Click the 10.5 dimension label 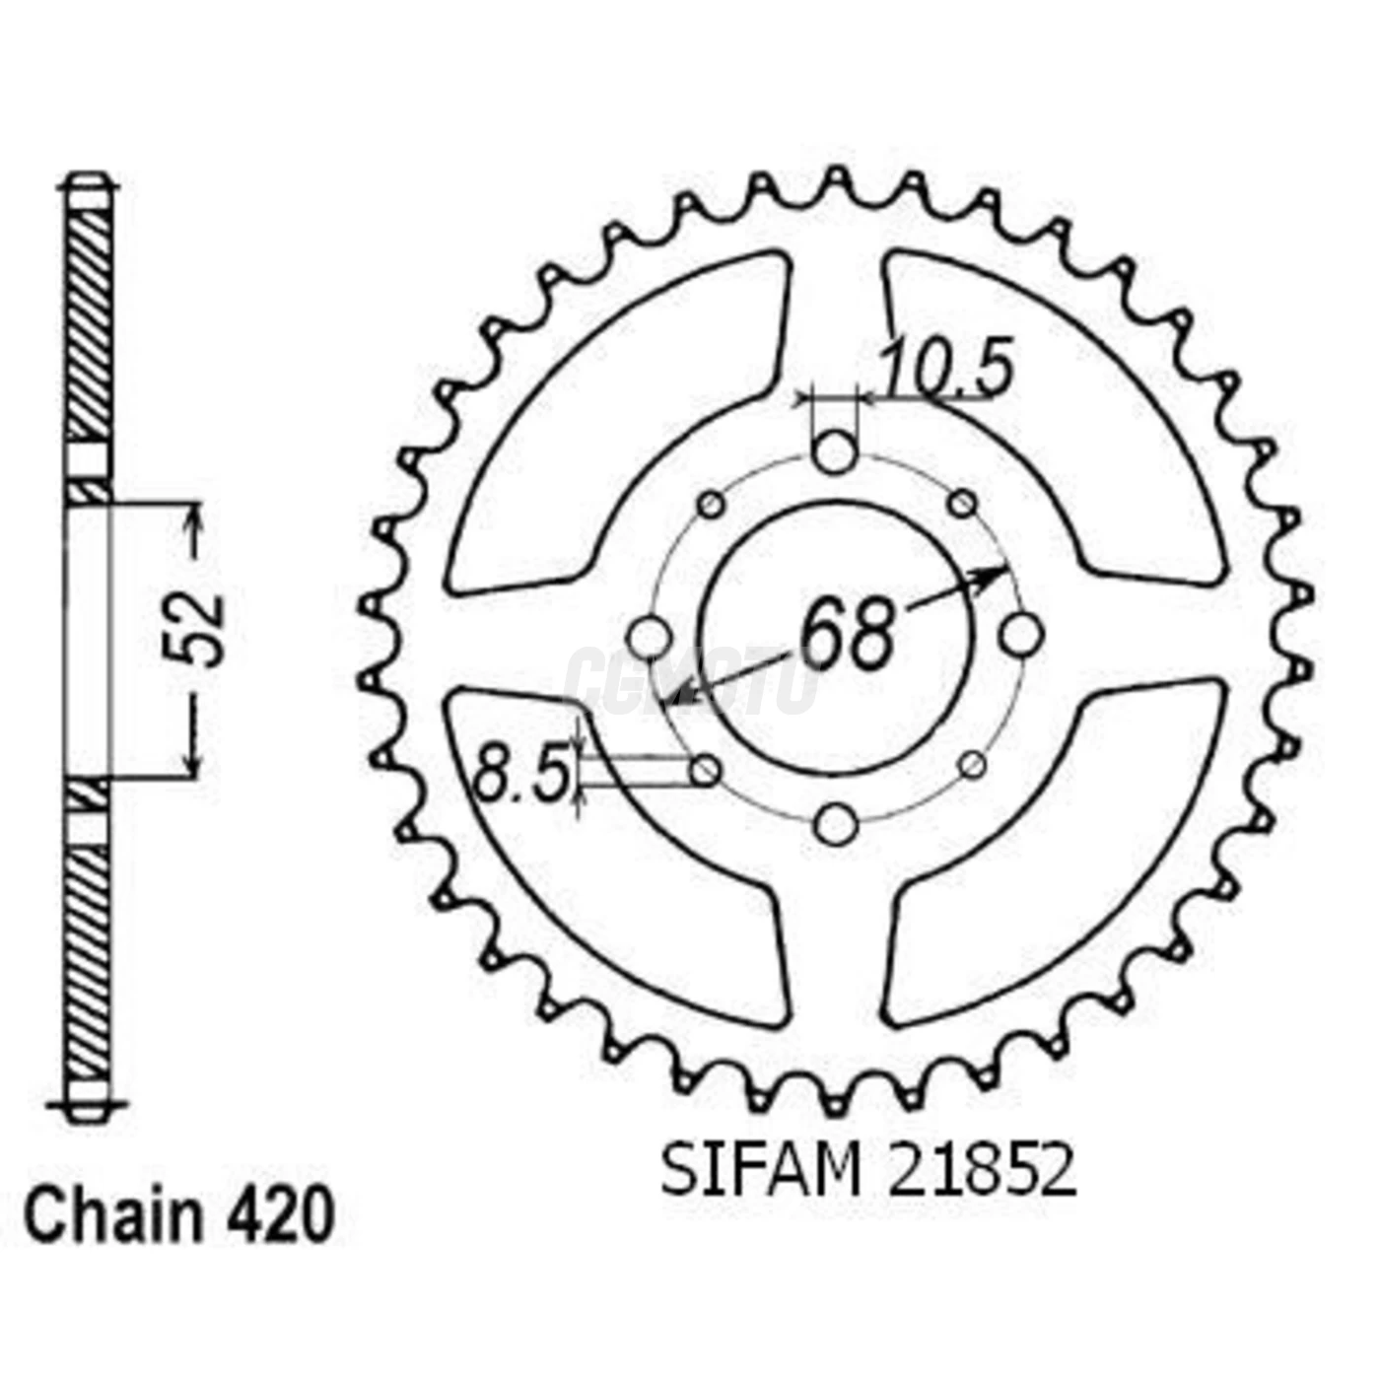946,370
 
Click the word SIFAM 760,1172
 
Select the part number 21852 982,1172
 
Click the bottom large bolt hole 836,823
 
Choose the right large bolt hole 1020,636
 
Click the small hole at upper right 962,505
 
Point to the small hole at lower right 972,764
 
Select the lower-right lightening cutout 1065,848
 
